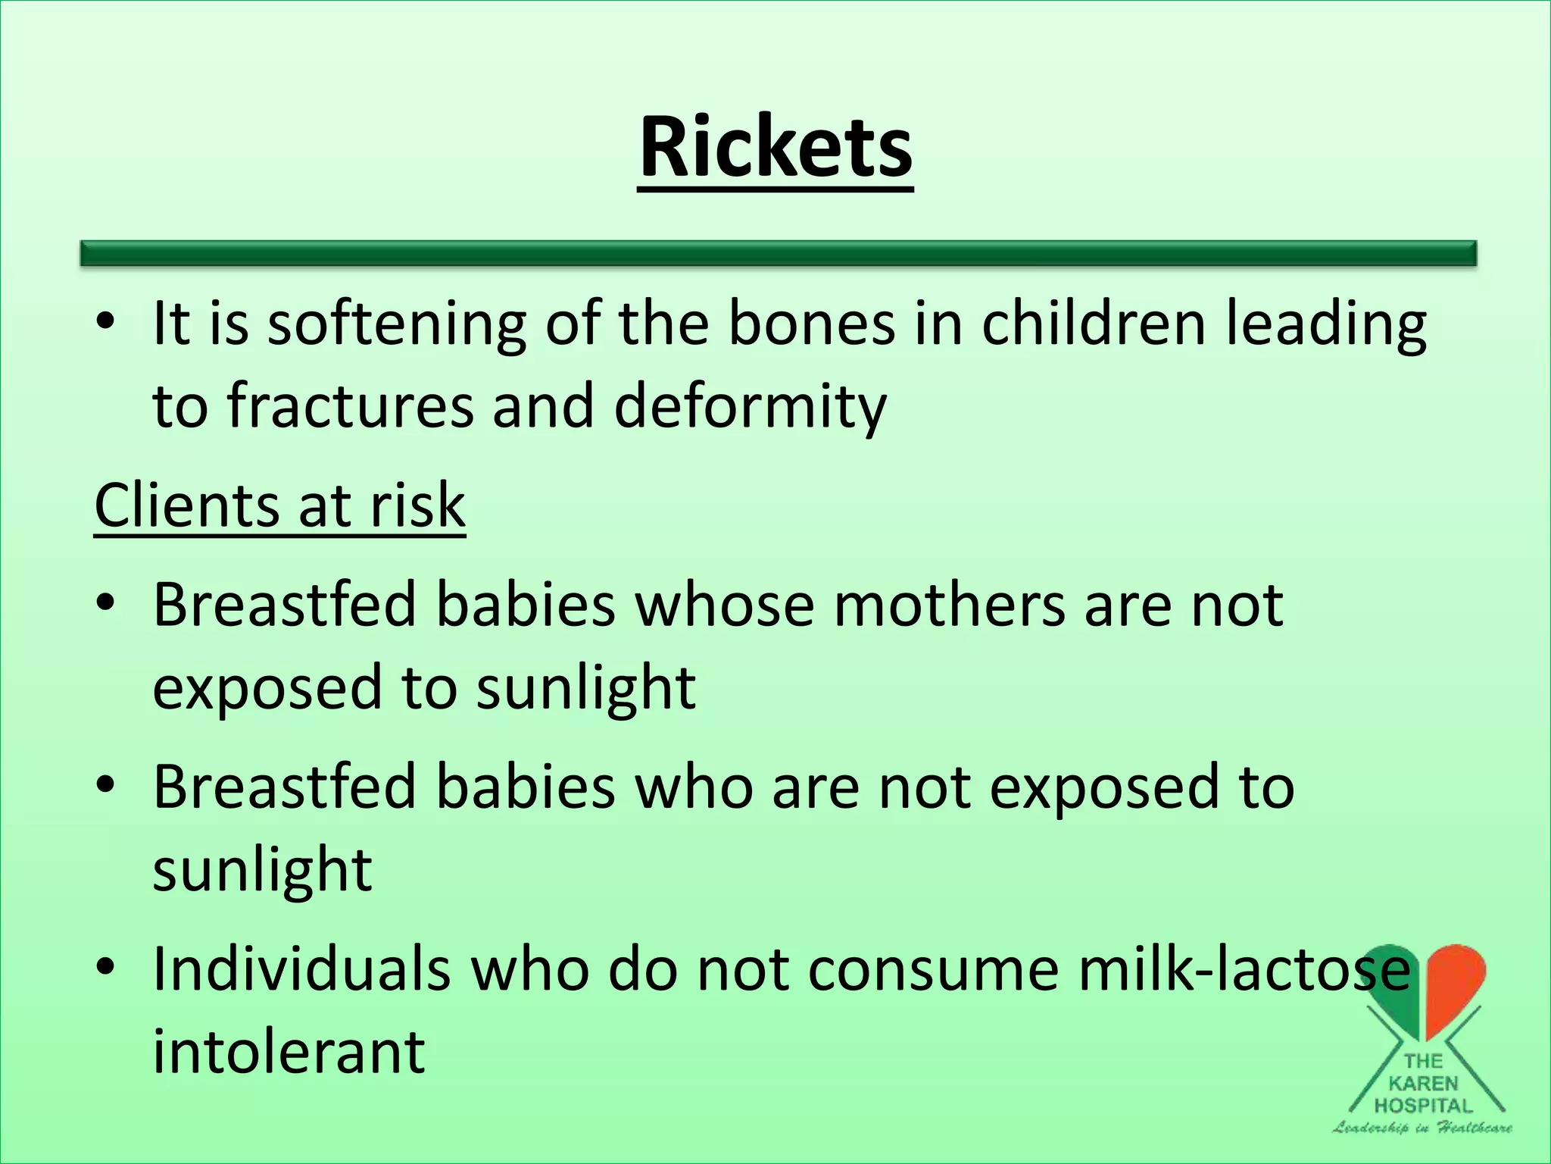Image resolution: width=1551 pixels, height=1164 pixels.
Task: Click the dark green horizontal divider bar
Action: click(779, 253)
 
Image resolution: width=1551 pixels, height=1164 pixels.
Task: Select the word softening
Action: click(397, 324)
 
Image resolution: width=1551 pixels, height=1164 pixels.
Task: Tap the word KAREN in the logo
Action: click(1424, 1084)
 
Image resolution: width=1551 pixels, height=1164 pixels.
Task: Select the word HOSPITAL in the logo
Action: click(1424, 1106)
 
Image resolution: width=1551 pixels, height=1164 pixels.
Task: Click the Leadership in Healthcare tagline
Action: click(1422, 1128)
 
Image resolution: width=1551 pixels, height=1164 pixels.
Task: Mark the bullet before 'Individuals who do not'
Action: click(105, 968)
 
